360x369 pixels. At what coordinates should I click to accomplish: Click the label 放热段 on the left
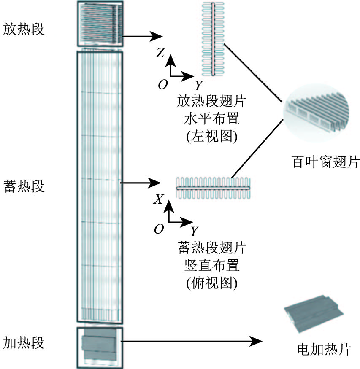[x=24, y=29]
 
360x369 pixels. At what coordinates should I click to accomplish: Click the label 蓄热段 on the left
[x=24, y=186]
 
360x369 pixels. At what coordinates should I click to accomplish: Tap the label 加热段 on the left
[x=24, y=342]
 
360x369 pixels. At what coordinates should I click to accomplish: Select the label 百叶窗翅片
[x=326, y=162]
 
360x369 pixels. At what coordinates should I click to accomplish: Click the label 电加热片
[x=324, y=349]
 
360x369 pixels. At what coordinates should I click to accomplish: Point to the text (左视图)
[x=212, y=136]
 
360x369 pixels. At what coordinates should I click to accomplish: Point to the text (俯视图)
[x=212, y=283]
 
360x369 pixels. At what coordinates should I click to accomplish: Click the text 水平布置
[x=212, y=119]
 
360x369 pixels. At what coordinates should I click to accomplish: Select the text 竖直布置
[x=212, y=265]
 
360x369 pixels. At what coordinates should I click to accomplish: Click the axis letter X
[x=158, y=199]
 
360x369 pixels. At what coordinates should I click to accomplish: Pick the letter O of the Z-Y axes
[x=163, y=84]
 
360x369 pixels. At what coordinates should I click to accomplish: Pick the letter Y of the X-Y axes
[x=195, y=232]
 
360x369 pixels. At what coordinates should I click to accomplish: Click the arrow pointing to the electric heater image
[x=192, y=341]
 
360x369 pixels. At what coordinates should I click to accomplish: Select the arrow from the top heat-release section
[x=142, y=36]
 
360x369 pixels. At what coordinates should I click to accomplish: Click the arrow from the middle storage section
[x=141, y=183]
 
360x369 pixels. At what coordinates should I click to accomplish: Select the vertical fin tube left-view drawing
[x=213, y=39]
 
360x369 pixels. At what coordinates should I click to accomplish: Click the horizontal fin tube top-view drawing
[x=213, y=188]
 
